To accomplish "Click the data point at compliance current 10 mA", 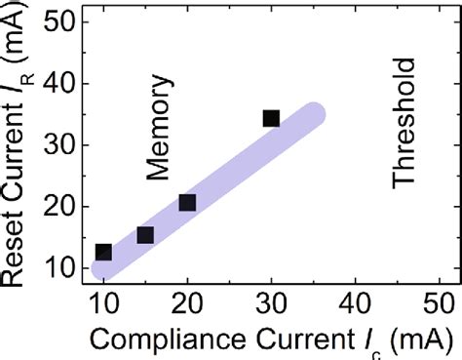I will (x=102, y=252).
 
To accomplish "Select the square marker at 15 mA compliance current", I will (x=145, y=235).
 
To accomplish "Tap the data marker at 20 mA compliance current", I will (x=187, y=203).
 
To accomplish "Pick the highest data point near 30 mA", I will (x=271, y=119).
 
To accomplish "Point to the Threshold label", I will (x=404, y=123).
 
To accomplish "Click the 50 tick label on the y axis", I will (x=61, y=23).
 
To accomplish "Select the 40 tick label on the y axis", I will (x=61, y=85).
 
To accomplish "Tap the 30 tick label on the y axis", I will (x=61, y=145).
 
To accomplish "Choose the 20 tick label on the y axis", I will (x=61, y=207).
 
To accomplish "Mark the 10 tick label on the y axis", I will (x=61, y=267).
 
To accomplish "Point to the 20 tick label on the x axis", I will (x=187, y=300).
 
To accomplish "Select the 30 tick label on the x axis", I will (x=271, y=300).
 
